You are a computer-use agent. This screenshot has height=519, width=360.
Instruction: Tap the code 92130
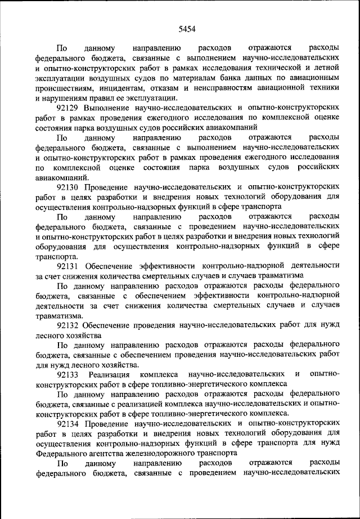[68, 186]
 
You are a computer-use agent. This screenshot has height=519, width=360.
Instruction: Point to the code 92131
[68, 265]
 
